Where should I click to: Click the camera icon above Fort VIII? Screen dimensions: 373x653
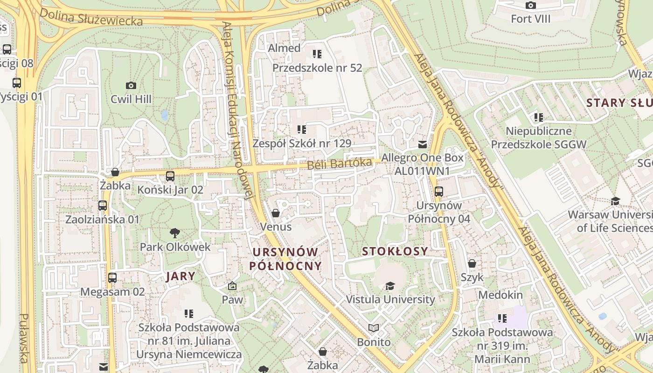[x=530, y=6]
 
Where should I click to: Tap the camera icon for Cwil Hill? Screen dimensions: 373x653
[x=131, y=85]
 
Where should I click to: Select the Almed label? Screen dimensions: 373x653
[x=284, y=48]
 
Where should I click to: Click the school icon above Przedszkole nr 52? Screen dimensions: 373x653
[x=317, y=54]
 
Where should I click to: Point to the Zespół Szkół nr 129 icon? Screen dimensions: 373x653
[x=302, y=129]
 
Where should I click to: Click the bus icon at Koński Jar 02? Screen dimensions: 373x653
[x=170, y=176]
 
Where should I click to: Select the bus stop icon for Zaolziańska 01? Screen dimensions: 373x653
[x=103, y=206]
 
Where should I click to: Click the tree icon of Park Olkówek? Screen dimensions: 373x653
[x=175, y=233]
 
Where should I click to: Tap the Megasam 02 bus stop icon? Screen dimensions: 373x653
[x=112, y=278]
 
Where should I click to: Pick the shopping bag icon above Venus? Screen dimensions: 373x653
[x=276, y=213]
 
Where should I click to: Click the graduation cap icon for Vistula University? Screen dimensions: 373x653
[x=390, y=285]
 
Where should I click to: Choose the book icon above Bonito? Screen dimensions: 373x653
[x=374, y=328]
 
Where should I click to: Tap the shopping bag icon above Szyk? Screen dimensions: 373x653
[x=472, y=263]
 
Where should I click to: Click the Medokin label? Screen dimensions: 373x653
[x=500, y=295]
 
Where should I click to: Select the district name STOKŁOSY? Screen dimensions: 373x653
[x=395, y=251]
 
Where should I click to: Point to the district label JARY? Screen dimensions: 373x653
[x=181, y=276]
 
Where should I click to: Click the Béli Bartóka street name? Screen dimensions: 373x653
[x=339, y=164]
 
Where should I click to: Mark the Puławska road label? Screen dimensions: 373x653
[x=24, y=338]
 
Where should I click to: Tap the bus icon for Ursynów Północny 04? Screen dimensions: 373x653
[x=438, y=191]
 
